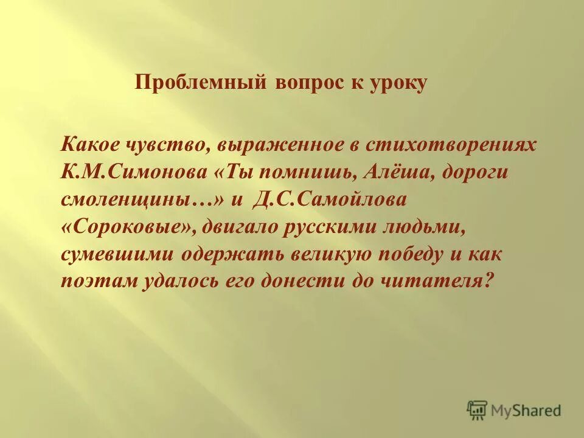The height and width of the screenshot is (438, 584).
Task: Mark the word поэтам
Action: click(97, 279)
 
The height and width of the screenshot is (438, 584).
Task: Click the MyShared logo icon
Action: click(478, 410)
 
